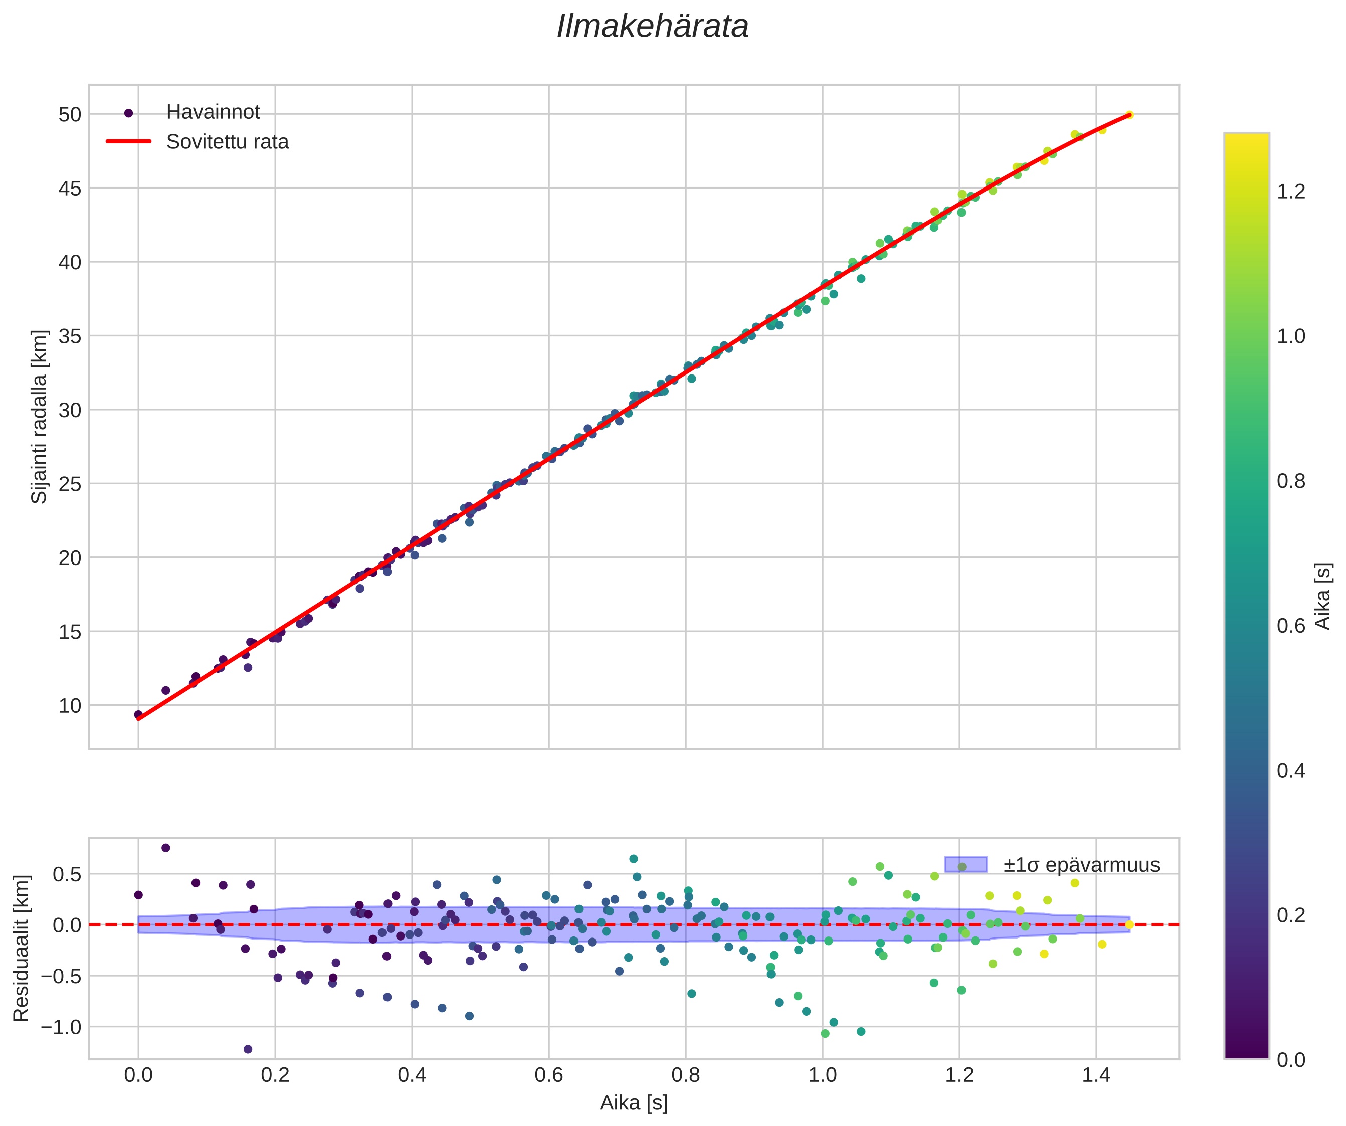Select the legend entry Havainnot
tap(213, 112)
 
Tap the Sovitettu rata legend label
tap(228, 142)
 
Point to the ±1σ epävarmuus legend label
tap(1082, 865)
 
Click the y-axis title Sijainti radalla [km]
tap(40, 417)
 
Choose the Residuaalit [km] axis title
tap(21, 948)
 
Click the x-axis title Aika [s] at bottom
tap(633, 1103)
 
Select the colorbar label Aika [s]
tap(1322, 596)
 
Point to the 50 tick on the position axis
tap(70, 115)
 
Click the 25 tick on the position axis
tap(70, 484)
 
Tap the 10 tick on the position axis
tap(70, 705)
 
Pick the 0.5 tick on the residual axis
tap(67, 874)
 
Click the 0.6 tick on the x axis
tap(548, 1075)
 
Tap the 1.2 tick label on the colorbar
tap(1291, 192)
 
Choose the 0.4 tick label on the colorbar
tap(1291, 771)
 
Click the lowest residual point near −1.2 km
tap(248, 1049)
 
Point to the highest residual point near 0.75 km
tap(166, 848)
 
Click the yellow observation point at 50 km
tap(1129, 115)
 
